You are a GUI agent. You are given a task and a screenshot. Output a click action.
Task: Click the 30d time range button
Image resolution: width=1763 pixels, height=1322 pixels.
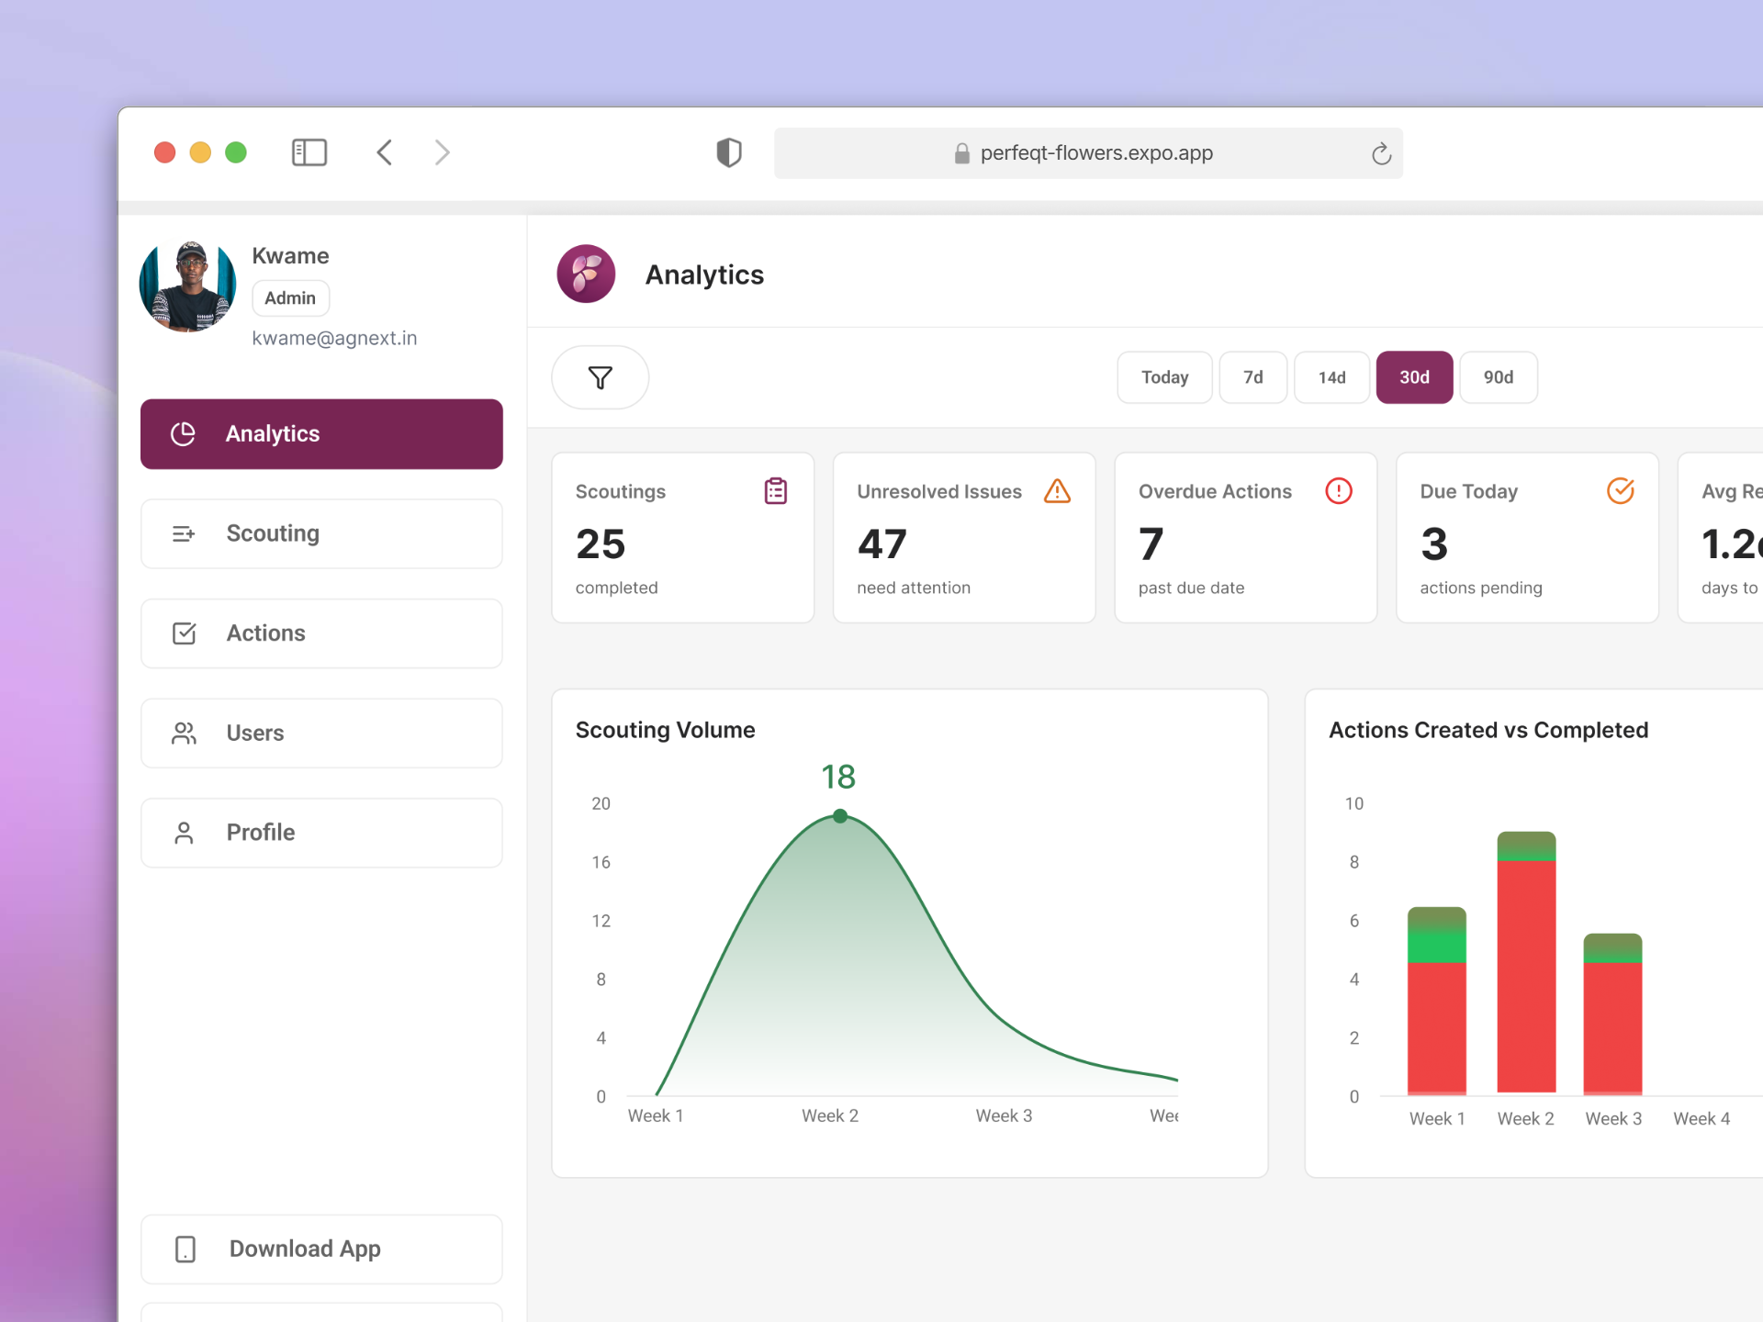pos(1413,377)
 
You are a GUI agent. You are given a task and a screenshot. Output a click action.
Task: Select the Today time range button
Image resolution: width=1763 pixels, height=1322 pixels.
pos(1163,377)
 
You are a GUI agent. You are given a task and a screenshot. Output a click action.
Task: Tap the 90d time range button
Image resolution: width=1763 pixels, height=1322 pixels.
pos(1498,377)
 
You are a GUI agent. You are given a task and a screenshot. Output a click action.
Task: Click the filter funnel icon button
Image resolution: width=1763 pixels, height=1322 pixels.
pos(600,377)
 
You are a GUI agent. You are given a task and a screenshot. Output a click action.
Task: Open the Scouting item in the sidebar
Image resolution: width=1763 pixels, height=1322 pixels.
pos(321,533)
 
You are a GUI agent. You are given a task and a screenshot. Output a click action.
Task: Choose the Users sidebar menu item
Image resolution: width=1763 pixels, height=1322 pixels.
pos(321,733)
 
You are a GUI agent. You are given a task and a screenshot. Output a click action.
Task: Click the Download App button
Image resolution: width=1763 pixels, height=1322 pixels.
pos(321,1249)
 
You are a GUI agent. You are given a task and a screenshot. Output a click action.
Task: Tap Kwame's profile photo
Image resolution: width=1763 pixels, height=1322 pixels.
pos(187,286)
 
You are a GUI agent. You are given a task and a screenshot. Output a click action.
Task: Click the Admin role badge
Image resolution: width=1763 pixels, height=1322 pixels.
pos(290,298)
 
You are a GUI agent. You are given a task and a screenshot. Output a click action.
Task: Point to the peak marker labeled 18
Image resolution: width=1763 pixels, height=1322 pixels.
pos(839,815)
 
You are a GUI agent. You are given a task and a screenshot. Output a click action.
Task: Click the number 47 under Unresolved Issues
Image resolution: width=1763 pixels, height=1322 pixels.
pos(881,544)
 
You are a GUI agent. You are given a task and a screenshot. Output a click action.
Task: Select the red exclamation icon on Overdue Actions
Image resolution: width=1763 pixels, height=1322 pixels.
pos(1338,491)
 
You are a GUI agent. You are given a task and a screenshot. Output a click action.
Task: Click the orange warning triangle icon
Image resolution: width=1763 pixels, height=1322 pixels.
pos(1057,491)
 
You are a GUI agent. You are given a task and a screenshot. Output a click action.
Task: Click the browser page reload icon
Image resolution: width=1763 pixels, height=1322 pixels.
pos(1380,153)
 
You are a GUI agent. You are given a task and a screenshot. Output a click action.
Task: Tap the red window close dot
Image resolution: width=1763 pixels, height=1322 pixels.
pos(165,152)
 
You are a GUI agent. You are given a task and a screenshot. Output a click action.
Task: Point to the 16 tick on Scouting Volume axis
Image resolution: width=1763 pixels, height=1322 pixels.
pos(601,862)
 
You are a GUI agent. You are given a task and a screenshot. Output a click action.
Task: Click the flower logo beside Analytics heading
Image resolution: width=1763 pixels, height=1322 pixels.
pos(586,274)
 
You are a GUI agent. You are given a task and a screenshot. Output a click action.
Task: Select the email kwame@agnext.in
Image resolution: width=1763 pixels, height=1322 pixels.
pos(334,339)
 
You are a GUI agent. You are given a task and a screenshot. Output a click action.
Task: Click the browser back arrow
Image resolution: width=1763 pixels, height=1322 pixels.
pos(385,152)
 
